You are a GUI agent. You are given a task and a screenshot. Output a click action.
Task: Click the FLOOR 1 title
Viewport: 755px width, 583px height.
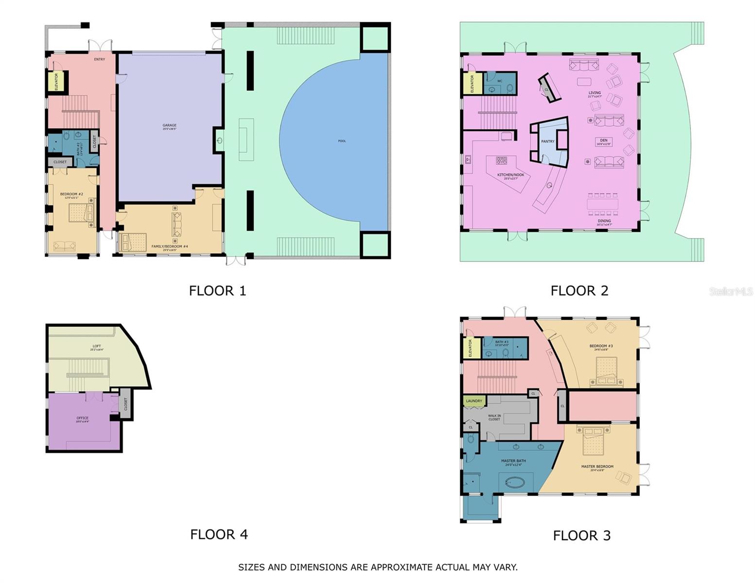point(217,291)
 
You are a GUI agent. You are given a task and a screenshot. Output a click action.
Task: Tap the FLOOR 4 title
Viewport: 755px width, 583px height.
point(219,534)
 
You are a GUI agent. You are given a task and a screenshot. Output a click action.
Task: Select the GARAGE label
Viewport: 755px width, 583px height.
point(169,125)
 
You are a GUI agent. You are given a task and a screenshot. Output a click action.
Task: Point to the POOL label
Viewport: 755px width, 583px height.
point(342,141)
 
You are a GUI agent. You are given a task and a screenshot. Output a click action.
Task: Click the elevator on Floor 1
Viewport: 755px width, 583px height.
point(56,81)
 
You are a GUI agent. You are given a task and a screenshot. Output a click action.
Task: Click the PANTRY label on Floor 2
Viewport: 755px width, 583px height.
point(548,141)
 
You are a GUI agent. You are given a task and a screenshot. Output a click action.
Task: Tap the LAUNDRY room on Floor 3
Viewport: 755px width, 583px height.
point(474,401)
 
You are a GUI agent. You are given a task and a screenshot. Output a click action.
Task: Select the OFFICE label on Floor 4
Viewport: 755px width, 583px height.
point(82,418)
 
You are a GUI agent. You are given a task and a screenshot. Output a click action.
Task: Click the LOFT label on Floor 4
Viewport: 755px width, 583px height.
point(97,346)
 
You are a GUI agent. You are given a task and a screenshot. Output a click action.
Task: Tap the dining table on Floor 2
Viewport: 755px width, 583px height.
point(602,204)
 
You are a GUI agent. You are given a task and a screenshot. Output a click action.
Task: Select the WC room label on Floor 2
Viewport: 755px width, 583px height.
point(500,81)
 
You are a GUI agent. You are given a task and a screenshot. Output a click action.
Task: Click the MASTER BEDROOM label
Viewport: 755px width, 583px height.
point(597,466)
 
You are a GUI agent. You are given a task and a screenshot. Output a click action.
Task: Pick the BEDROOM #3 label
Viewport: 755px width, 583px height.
point(601,346)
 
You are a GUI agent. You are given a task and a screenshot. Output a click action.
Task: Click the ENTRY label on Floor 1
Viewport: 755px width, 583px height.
point(99,59)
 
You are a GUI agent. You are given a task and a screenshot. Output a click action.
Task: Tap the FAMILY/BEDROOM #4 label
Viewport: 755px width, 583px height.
point(169,246)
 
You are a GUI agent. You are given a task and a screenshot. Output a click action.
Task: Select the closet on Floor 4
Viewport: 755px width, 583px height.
point(125,403)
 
